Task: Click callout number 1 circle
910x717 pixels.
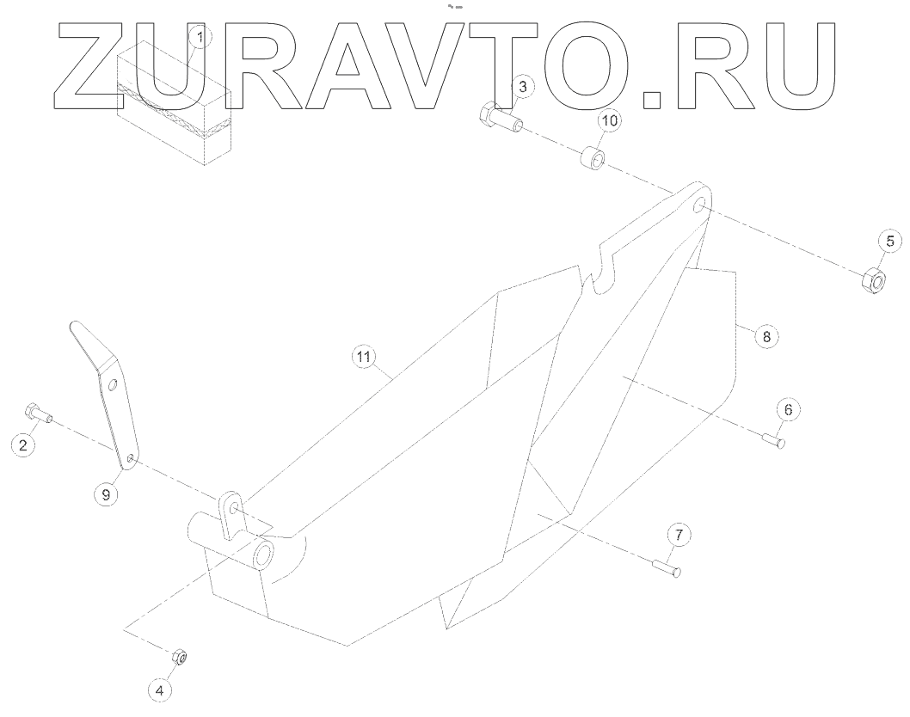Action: pyautogui.click(x=200, y=38)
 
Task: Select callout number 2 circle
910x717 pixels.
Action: pyautogui.click(x=24, y=444)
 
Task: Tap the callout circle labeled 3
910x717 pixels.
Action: pyautogui.click(x=524, y=86)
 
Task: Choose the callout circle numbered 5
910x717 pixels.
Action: pyautogui.click(x=890, y=242)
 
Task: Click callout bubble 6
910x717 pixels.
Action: pyautogui.click(x=789, y=409)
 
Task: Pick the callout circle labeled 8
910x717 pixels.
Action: pyautogui.click(x=767, y=336)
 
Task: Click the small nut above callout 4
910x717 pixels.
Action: pyautogui.click(x=181, y=658)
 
